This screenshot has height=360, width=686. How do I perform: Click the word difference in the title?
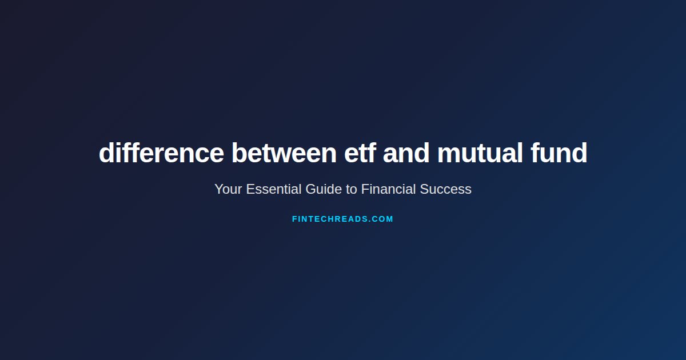pos(161,153)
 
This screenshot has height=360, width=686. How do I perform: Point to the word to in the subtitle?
pos(352,189)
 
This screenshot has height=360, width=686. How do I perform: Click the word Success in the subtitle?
pos(446,189)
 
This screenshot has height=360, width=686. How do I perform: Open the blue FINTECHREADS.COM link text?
pos(342,219)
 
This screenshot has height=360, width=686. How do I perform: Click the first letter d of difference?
pos(106,153)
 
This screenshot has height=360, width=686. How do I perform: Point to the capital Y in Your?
pos(218,189)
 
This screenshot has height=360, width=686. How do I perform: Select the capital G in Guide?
pos(310,189)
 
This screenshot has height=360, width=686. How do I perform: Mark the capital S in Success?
pos(424,189)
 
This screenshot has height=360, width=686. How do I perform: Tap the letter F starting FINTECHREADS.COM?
pos(294,219)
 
